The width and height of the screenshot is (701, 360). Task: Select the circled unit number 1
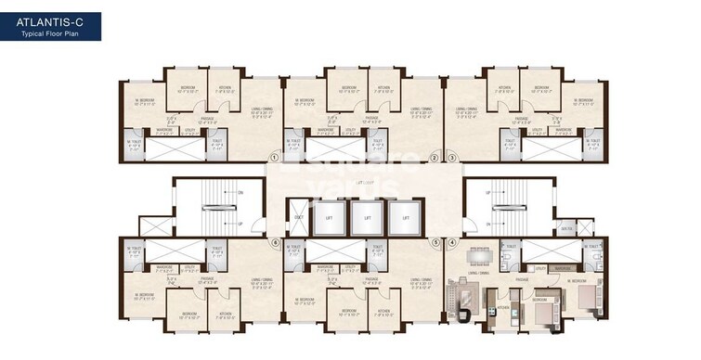275,158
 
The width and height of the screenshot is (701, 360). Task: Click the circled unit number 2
435,158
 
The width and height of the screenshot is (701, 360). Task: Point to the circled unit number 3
452,158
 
